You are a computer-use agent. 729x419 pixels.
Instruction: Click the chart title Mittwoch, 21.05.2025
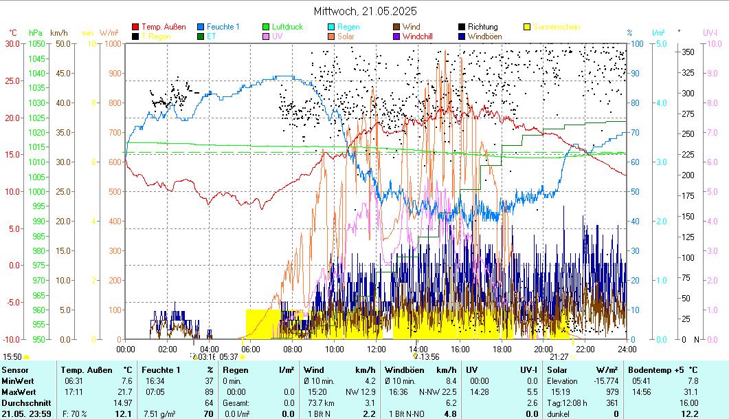click(365, 11)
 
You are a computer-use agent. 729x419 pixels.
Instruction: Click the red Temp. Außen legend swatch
click(135, 27)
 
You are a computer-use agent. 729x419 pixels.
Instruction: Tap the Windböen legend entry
click(484, 36)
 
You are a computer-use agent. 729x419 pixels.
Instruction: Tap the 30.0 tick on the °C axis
click(12, 43)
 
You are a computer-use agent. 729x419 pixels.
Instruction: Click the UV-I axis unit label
click(710, 32)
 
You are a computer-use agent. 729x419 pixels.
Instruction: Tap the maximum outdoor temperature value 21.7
click(125, 391)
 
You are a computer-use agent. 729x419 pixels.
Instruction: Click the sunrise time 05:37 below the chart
click(228, 357)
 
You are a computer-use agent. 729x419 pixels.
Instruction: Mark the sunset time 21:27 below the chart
click(559, 357)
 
